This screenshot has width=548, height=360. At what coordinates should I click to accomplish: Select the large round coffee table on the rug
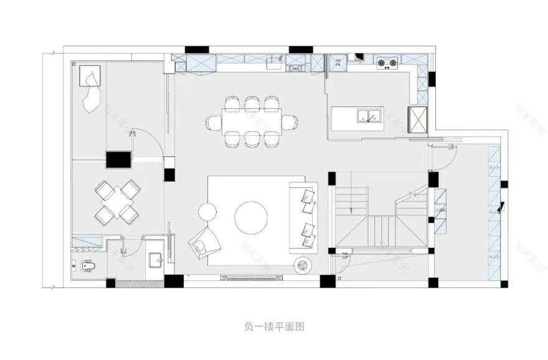pyautogui.click(x=252, y=217)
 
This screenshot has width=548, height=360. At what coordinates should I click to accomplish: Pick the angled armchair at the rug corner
pyautogui.click(x=205, y=242)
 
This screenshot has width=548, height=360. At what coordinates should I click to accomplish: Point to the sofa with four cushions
pyautogui.click(x=304, y=217)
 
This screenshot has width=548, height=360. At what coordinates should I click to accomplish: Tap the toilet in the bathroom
pyautogui.click(x=87, y=266)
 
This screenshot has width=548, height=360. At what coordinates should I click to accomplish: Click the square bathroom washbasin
pyautogui.click(x=156, y=260)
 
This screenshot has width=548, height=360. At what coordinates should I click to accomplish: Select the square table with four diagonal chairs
pyautogui.click(x=118, y=201)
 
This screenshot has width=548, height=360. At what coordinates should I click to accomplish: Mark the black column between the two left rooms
pyautogui.click(x=118, y=160)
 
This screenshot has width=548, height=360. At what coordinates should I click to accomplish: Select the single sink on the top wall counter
pyautogui.click(x=275, y=62)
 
